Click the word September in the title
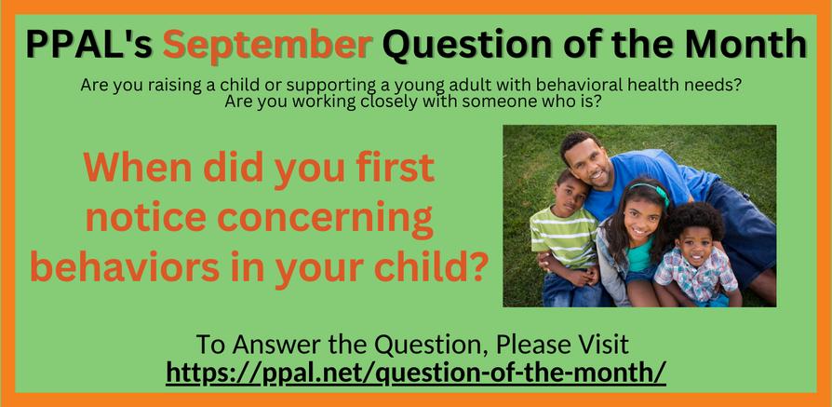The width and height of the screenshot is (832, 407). point(267,45)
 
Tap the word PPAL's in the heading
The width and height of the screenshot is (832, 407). point(89,44)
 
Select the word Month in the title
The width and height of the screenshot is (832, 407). point(745,44)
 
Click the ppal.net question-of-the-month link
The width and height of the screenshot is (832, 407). point(416,373)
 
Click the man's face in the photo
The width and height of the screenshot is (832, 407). point(590,162)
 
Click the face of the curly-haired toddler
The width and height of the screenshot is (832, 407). point(694,245)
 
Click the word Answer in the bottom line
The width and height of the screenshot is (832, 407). point(275,345)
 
